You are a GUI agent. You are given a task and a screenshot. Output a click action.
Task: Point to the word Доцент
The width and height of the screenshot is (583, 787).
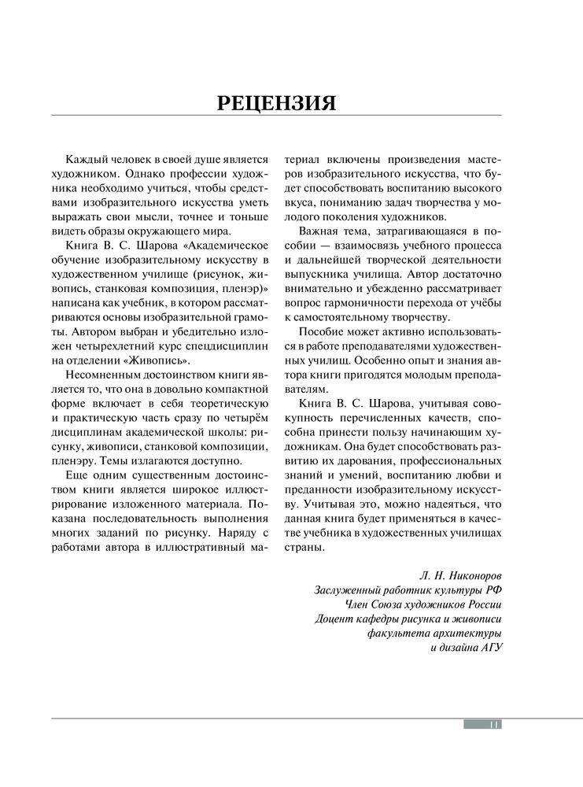click(333, 619)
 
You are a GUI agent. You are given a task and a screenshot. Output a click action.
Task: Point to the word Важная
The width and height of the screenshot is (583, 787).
click(319, 231)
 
